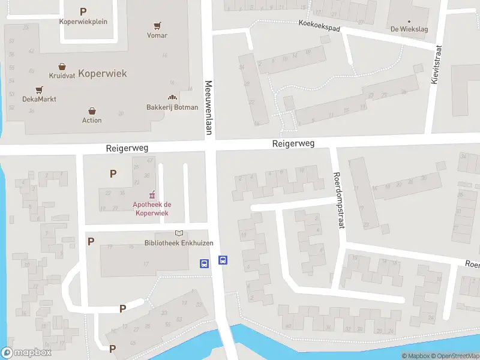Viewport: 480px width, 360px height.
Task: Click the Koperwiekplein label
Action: point(83,22)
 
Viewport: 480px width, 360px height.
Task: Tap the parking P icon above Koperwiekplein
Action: point(83,11)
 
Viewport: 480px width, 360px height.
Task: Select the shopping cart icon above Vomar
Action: point(157,26)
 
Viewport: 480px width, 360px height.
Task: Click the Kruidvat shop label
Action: point(62,76)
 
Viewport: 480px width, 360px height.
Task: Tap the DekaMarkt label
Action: point(39,99)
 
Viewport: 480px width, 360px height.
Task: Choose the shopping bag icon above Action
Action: point(92,111)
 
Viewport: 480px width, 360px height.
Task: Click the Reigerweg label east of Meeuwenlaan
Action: point(293,143)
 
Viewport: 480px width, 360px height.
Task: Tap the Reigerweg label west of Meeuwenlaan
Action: point(127,147)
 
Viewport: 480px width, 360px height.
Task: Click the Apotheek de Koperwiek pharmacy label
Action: point(151,209)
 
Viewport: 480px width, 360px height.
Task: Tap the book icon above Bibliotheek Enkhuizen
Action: point(178,233)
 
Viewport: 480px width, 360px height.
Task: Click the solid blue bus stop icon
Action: point(223,260)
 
